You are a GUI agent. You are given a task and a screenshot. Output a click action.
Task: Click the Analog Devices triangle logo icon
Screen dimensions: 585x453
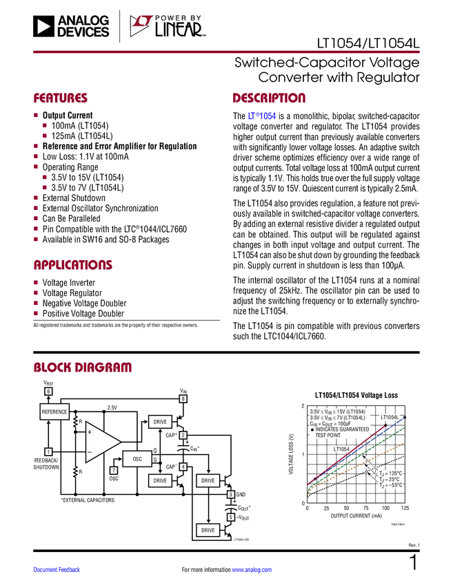[43, 27]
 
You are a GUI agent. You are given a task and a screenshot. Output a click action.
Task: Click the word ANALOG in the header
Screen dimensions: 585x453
[83, 21]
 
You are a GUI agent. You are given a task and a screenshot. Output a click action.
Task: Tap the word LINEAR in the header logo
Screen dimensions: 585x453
[178, 30]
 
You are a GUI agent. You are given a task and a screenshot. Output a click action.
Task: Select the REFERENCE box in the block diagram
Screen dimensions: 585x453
[54, 412]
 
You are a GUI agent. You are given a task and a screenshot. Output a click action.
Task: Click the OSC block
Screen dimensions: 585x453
[137, 458]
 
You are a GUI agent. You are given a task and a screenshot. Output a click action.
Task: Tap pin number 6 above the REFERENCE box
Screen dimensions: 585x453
[48, 392]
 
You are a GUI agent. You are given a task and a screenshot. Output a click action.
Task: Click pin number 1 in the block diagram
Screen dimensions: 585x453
[48, 451]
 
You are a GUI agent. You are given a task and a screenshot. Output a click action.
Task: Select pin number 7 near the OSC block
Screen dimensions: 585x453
[114, 470]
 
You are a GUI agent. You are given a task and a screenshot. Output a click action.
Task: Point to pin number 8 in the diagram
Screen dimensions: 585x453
[183, 398]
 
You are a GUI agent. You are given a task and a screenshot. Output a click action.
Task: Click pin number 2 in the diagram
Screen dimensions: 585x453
[183, 435]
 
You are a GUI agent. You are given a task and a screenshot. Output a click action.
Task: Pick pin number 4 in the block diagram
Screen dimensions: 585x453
[183, 467]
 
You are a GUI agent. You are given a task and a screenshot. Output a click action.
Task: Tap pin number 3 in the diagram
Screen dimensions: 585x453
[231, 494]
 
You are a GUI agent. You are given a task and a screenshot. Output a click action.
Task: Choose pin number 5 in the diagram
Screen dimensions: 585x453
[231, 516]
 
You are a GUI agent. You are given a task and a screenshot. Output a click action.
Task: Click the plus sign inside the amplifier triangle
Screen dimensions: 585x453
[90, 432]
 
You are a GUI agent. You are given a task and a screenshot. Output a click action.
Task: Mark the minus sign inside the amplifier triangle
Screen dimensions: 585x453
[90, 451]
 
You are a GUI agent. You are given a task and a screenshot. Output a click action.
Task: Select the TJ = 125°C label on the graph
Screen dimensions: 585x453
[390, 473]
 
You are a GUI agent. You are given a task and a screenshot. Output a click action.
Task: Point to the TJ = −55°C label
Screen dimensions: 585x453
[390, 485]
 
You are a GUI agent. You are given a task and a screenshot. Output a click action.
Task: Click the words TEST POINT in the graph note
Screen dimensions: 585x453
[329, 436]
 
